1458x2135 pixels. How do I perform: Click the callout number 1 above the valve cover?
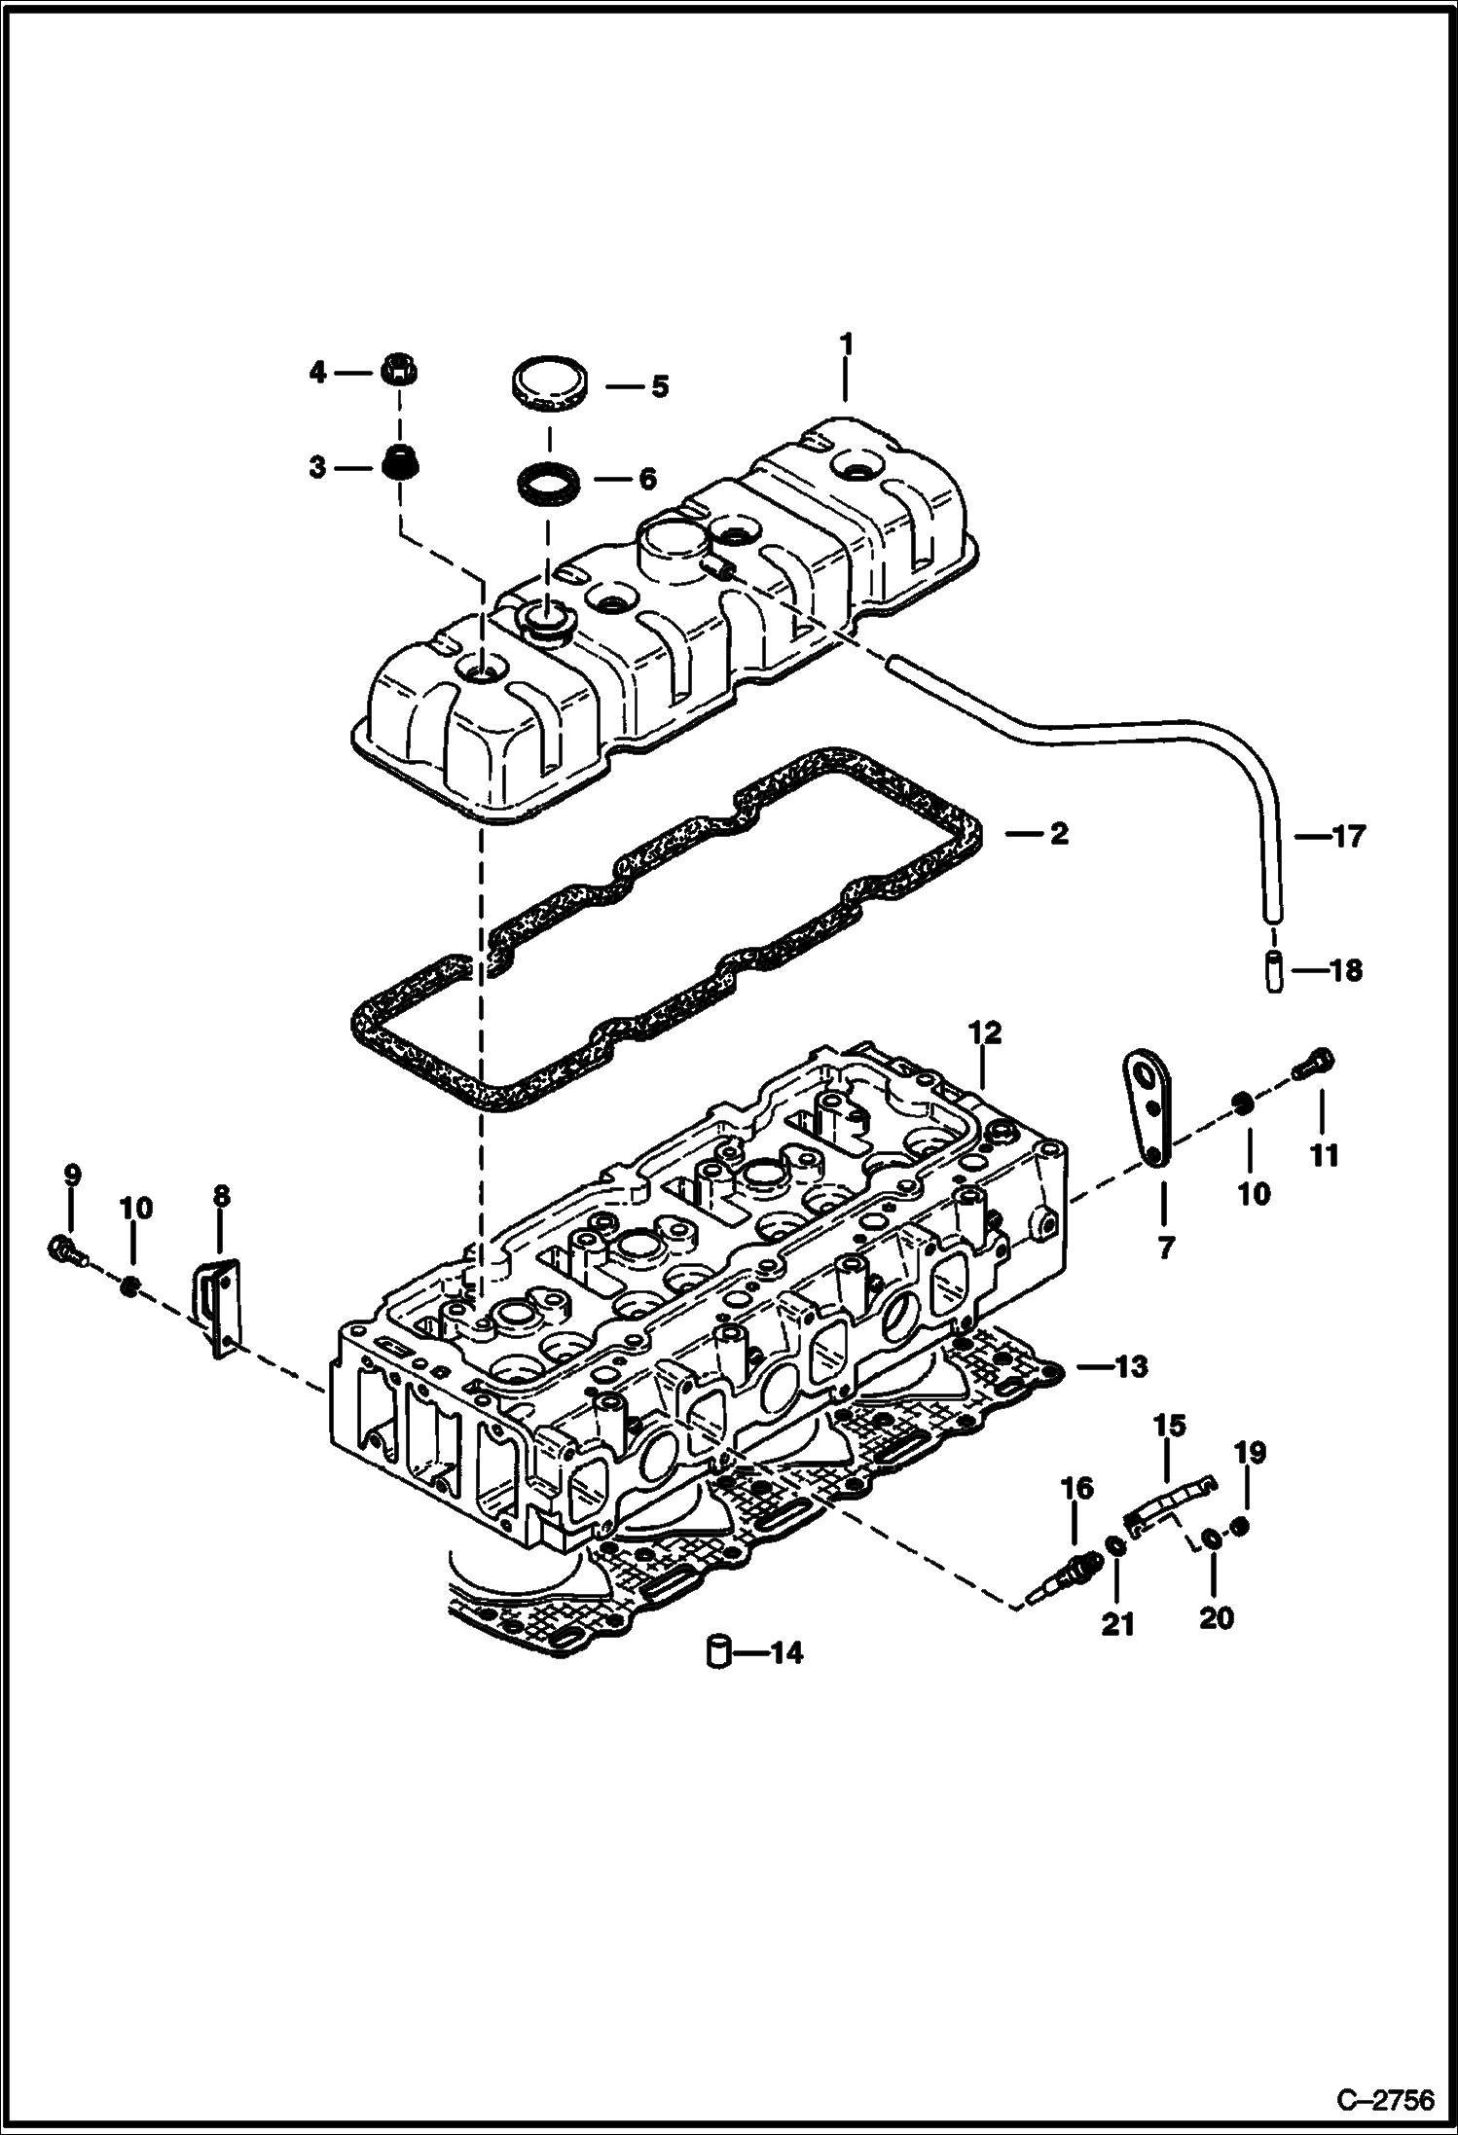point(846,344)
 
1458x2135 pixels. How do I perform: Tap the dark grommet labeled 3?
point(397,465)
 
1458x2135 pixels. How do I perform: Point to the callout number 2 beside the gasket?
point(1058,833)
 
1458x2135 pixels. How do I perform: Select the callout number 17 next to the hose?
point(1349,836)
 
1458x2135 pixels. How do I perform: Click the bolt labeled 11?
point(1314,1066)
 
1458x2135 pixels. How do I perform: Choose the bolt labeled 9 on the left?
point(63,1250)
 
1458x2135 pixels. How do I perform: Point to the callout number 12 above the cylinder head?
point(985,1033)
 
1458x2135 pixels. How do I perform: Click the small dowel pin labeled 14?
point(718,1651)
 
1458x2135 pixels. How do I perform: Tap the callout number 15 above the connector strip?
point(1170,1426)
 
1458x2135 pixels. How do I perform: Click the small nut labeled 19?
point(1240,1527)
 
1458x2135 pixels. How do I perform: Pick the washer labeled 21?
point(1116,1546)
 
